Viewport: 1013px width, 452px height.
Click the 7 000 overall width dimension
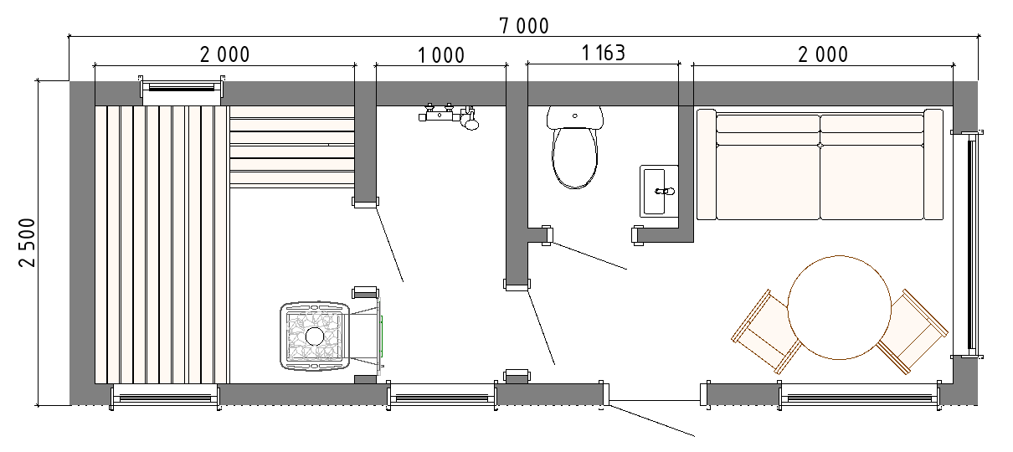[x=524, y=26]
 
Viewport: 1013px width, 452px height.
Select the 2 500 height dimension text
[x=27, y=243]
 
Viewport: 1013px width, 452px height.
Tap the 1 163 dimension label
[x=604, y=53]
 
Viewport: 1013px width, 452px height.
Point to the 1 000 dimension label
[x=441, y=55]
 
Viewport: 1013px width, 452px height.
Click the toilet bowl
[x=575, y=157]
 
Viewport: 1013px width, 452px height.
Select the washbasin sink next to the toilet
[x=659, y=191]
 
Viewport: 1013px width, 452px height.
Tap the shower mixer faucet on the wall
[x=449, y=116]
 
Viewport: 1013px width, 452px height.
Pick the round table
[x=840, y=308]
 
